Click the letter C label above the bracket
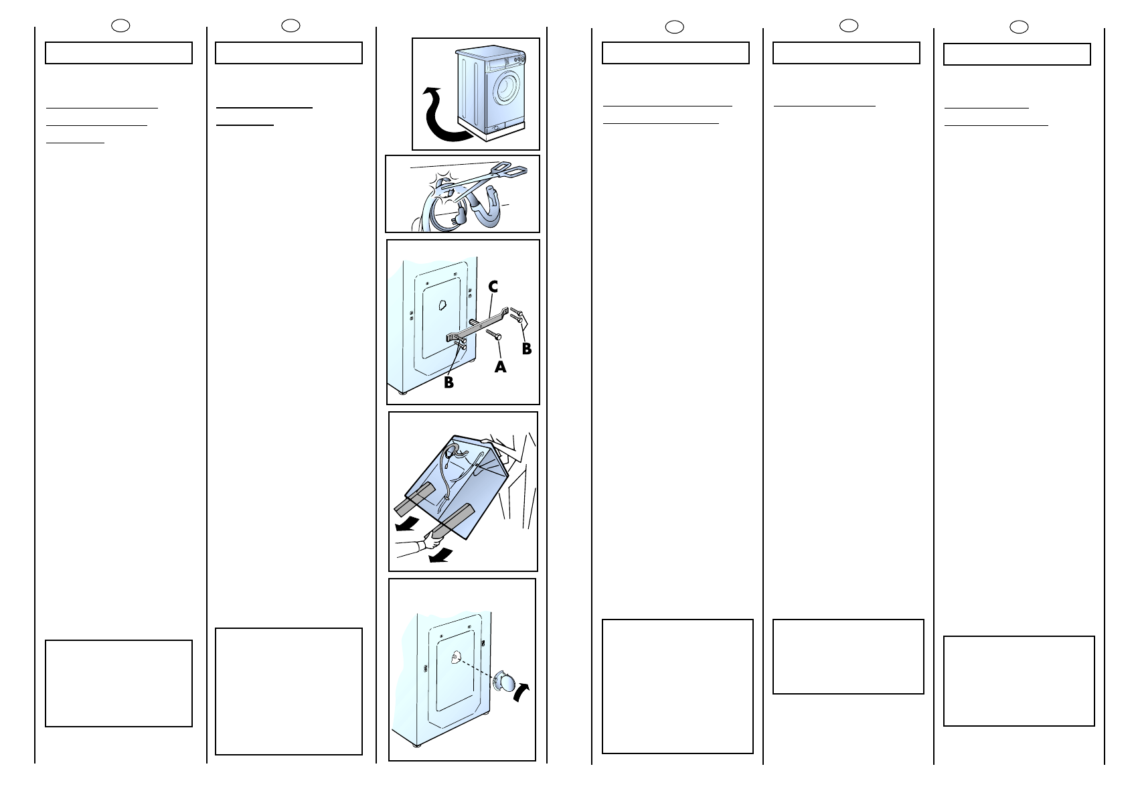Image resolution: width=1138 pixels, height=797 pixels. tap(493, 287)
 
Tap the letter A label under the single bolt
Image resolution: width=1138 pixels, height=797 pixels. tap(500, 366)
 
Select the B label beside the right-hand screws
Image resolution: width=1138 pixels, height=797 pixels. tap(527, 349)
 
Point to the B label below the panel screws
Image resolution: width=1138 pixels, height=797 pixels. tap(449, 382)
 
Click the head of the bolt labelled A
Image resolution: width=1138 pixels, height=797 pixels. tap(499, 337)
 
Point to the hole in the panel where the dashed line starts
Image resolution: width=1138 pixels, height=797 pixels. tap(454, 658)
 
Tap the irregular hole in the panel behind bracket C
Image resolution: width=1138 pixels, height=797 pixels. tap(442, 305)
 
